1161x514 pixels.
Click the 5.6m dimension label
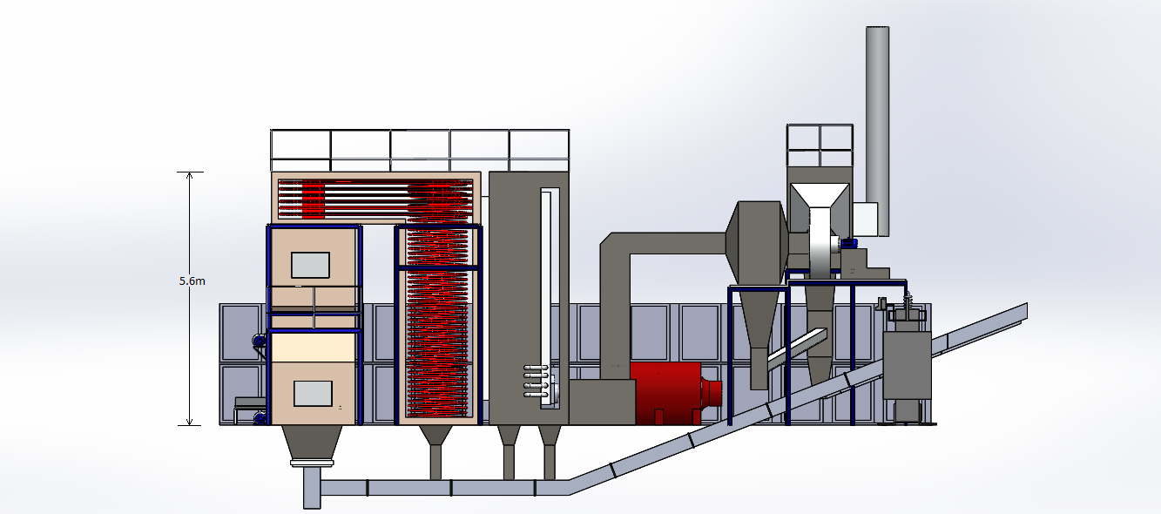click(192, 281)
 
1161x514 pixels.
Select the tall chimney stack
click(877, 132)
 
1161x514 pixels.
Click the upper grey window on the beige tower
click(310, 265)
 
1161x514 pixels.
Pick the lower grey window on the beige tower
click(313, 394)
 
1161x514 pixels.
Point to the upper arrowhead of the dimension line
click(189, 176)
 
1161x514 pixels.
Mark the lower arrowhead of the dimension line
click(189, 421)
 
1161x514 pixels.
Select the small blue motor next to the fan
click(849, 242)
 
